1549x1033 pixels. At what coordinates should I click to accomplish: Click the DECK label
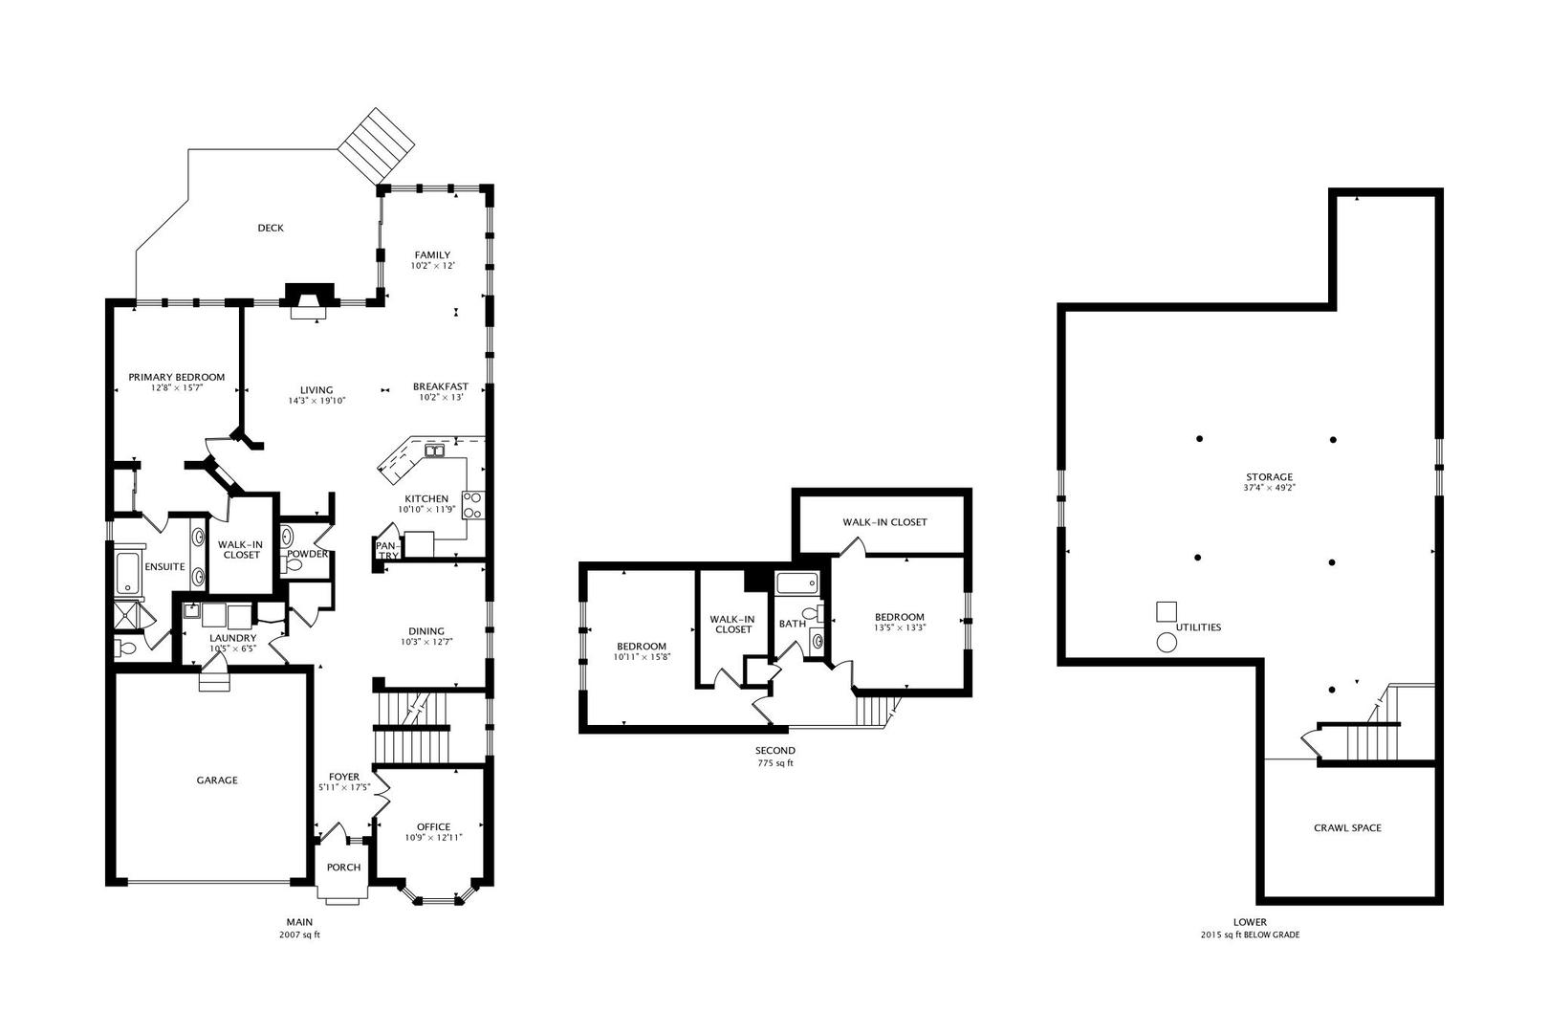(271, 228)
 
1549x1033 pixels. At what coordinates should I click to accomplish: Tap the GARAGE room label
(217, 780)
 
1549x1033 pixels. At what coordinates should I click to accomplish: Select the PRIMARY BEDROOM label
(176, 377)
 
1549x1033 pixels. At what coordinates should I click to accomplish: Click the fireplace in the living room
(309, 301)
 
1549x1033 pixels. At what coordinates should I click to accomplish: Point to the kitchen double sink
(435, 451)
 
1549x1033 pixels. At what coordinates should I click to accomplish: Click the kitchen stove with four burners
(473, 505)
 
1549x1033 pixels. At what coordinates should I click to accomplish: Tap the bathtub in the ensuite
(128, 573)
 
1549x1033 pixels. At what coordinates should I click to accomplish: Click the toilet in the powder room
(293, 565)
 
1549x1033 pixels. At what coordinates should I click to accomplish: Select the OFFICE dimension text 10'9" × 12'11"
(433, 838)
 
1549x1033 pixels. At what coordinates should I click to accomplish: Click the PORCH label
(343, 868)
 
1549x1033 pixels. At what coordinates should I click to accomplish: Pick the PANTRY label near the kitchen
(387, 551)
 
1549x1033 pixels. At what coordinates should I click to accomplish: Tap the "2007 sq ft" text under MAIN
(299, 934)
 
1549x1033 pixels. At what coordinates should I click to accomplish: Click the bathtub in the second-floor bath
(797, 582)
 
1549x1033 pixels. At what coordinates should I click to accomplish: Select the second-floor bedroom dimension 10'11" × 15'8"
(642, 656)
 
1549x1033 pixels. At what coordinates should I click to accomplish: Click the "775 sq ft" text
(775, 764)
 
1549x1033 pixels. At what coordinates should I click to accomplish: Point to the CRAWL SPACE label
(1348, 828)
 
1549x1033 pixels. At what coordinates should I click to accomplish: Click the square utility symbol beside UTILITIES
(1167, 611)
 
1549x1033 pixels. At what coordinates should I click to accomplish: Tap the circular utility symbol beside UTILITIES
(1167, 643)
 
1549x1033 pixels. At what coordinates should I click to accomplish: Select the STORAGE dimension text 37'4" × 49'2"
(1269, 487)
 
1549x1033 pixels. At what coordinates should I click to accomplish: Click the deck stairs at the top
(376, 146)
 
